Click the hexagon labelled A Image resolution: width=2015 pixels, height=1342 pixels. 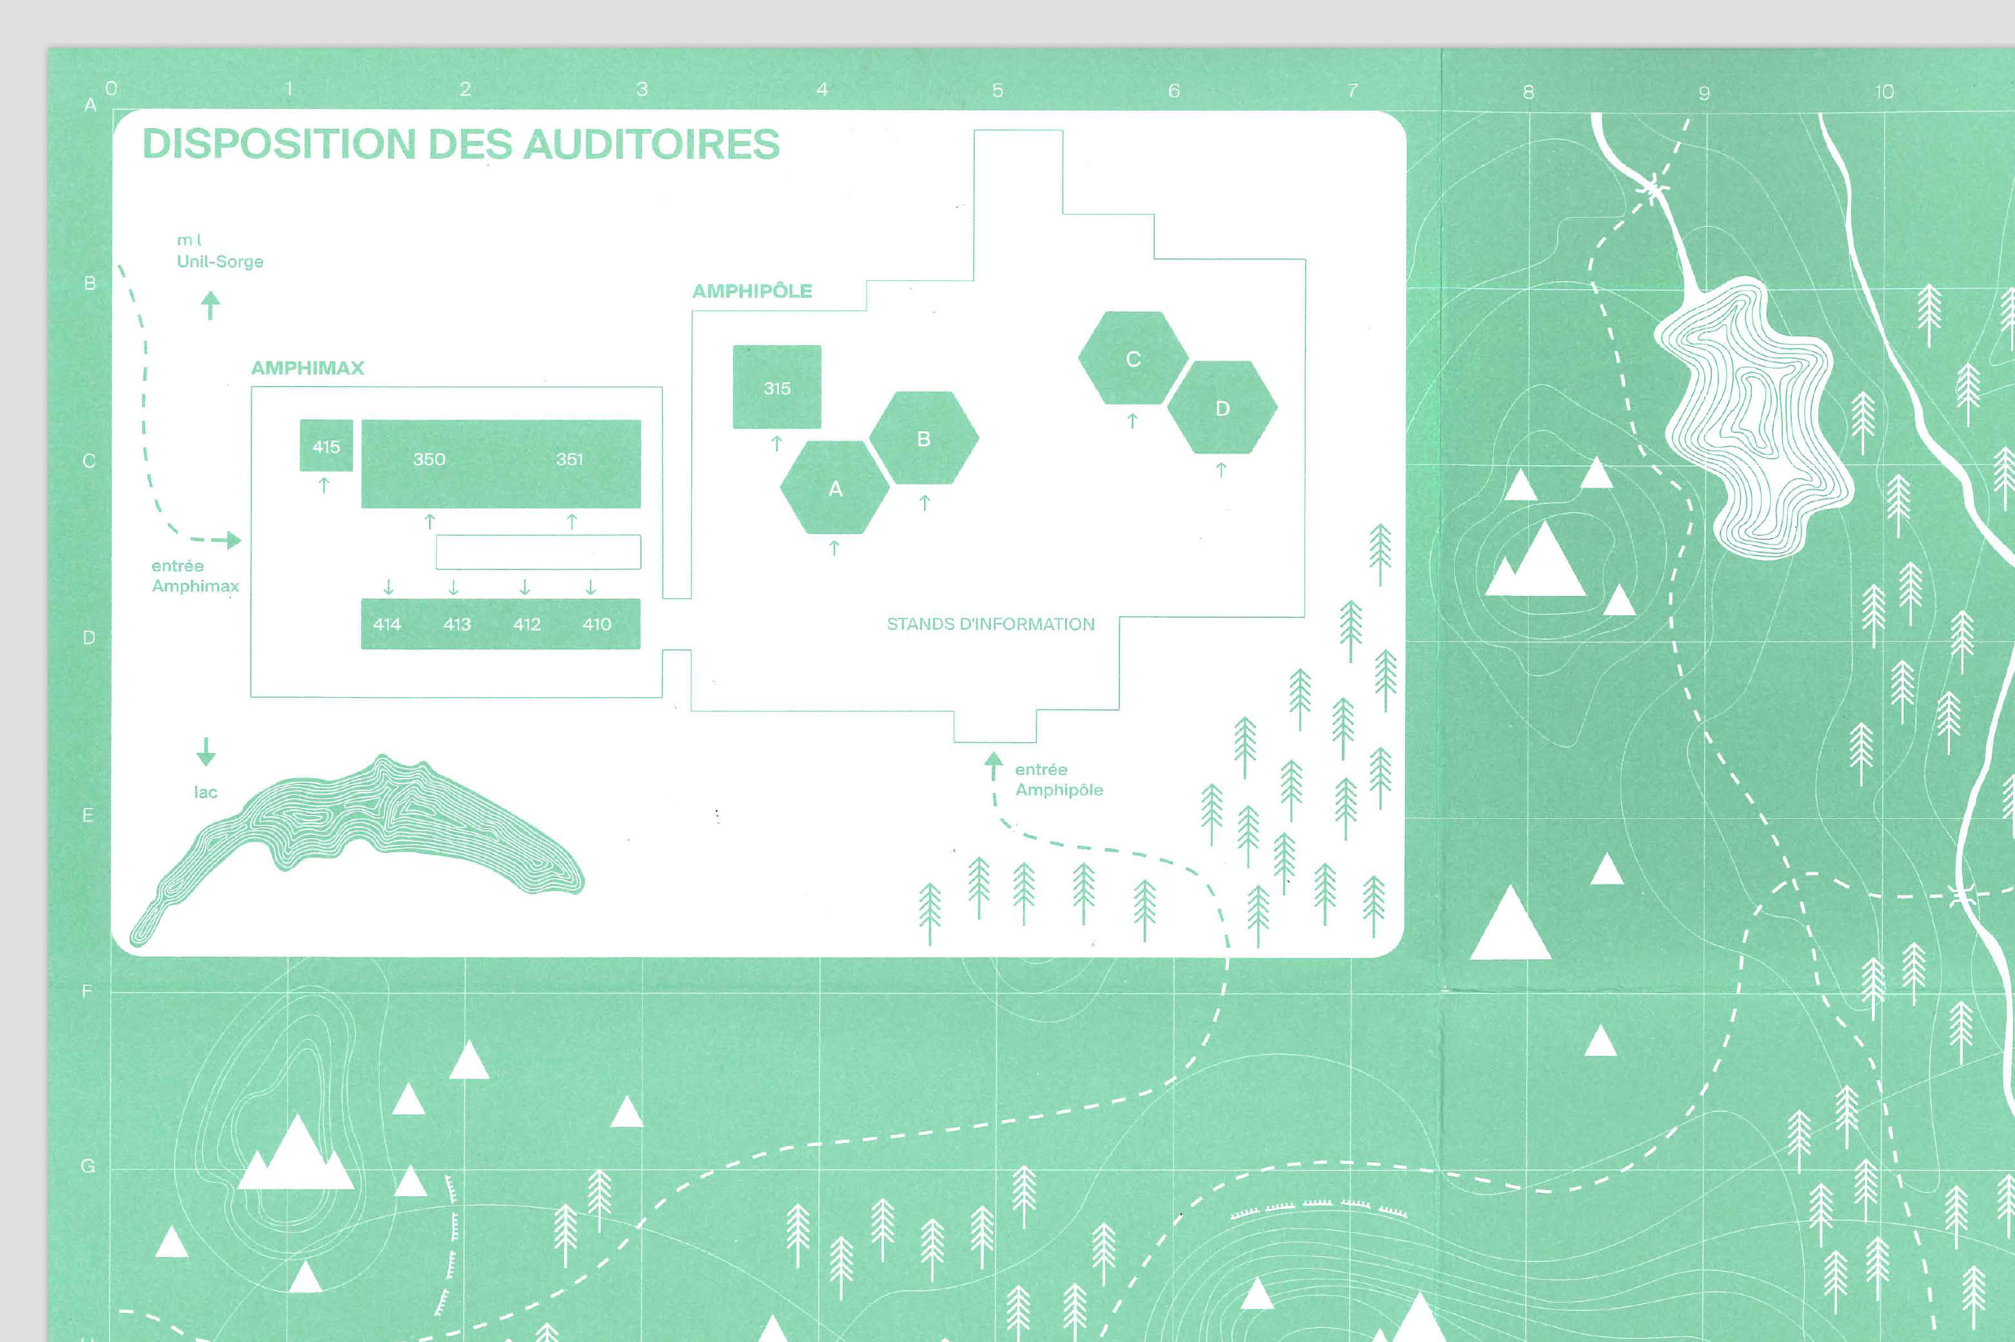(x=835, y=488)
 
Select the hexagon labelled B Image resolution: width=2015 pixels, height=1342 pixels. (x=923, y=438)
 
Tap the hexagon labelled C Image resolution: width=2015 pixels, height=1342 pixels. (x=1133, y=359)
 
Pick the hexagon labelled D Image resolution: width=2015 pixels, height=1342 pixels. (x=1222, y=408)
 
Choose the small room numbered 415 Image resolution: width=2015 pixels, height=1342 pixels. (x=326, y=446)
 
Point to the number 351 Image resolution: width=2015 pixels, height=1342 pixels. (x=569, y=459)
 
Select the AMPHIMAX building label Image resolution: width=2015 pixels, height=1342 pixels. (x=308, y=368)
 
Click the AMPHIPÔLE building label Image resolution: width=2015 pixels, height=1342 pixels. (x=752, y=291)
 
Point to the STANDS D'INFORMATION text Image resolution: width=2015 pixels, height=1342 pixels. (x=990, y=624)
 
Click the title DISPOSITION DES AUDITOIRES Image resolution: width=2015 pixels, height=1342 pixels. (x=461, y=144)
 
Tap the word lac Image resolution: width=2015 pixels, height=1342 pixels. (x=206, y=792)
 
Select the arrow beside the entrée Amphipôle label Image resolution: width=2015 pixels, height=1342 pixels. (x=994, y=765)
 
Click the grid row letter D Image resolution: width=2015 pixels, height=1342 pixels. (x=88, y=638)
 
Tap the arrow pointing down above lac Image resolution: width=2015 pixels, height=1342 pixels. (x=206, y=751)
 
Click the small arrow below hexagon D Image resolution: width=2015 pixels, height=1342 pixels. (x=1221, y=469)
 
